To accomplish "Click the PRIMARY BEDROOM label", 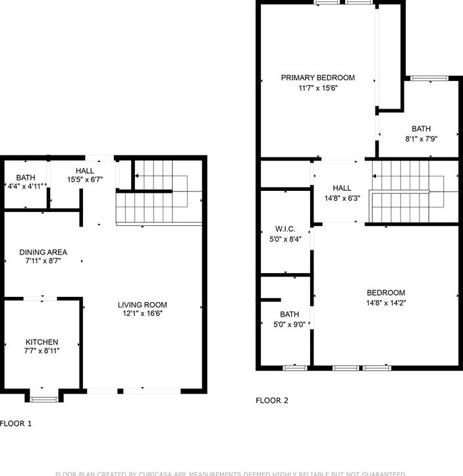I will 317,78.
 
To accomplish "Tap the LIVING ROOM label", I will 142,305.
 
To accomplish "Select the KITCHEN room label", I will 41,342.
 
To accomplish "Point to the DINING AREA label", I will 43,252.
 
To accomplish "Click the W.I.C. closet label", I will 285,229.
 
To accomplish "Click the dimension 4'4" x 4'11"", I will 26,186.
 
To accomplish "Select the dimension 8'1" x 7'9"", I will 421,139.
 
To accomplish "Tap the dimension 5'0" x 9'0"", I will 289,324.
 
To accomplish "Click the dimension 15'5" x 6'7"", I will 85,180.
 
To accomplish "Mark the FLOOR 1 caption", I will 16,424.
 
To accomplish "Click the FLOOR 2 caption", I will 271,400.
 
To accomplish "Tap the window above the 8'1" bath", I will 432,79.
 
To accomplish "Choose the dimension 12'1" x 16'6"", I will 142,314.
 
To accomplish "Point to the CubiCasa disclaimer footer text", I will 231,473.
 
